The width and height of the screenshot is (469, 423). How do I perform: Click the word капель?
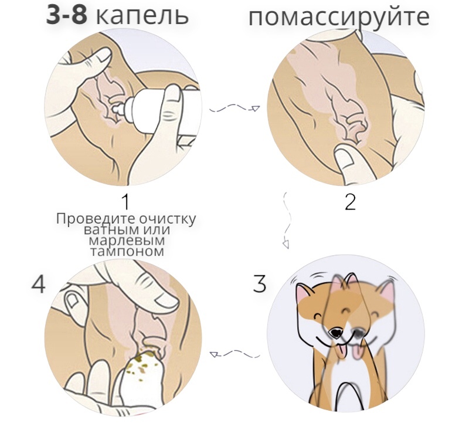click(142, 16)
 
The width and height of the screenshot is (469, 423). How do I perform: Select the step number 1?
click(125, 201)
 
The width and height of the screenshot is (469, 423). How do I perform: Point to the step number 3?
click(259, 283)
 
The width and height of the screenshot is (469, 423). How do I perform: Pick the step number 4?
click(39, 284)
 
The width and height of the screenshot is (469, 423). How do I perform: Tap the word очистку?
click(167, 219)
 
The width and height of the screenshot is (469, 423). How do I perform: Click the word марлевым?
click(127, 241)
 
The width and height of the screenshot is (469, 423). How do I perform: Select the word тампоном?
click(127, 252)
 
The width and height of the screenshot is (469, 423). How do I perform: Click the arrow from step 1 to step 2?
click(234, 109)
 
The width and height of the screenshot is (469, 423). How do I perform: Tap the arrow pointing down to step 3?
click(287, 221)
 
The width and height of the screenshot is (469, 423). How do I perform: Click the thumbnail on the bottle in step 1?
click(174, 95)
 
